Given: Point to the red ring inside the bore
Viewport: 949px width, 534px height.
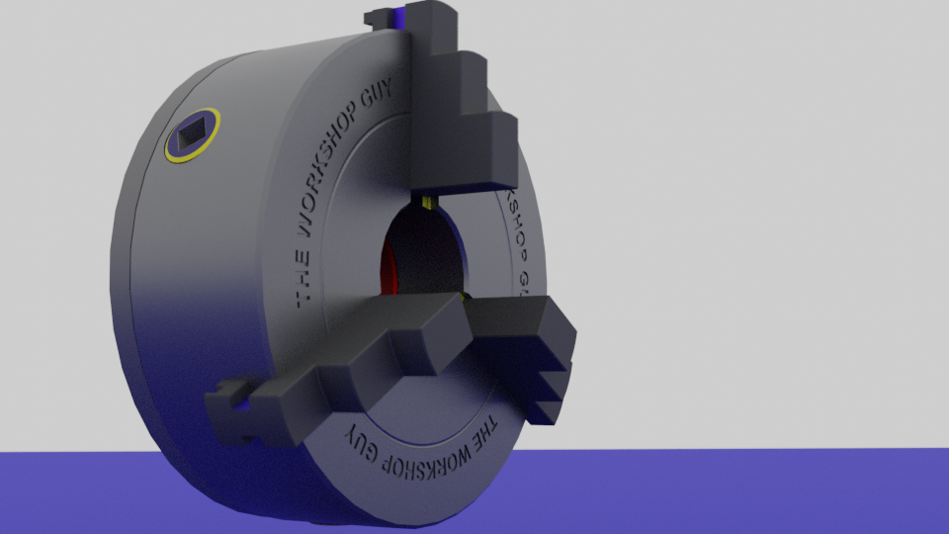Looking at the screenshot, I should pos(387,267).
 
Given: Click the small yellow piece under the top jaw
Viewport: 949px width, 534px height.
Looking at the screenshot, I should pos(428,202).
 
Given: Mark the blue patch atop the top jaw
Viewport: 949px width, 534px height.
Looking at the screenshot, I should pos(399,17).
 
